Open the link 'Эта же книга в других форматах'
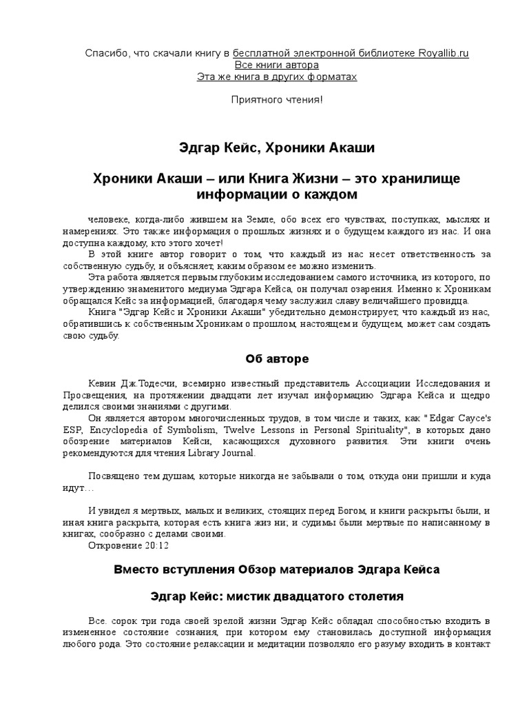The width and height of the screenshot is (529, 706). pyautogui.click(x=277, y=77)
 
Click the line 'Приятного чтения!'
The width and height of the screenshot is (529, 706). pyautogui.click(x=277, y=100)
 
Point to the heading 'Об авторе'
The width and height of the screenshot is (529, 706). pyautogui.click(x=277, y=359)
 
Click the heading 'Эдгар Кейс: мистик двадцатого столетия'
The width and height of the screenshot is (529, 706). pyautogui.click(x=277, y=594)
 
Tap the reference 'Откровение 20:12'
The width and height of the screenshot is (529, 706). pyautogui.click(x=128, y=545)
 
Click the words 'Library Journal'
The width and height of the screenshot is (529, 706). pyautogui.click(x=221, y=453)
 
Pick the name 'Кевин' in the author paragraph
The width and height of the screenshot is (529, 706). pyautogui.click(x=103, y=383)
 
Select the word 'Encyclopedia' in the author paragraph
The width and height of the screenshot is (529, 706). pyautogui.click(x=138, y=430)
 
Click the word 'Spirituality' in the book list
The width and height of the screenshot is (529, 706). pyautogui.click(x=366, y=430)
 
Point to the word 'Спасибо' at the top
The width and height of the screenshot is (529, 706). pyautogui.click(x=103, y=53)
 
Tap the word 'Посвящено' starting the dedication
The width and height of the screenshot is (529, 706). pyautogui.click(x=112, y=476)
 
